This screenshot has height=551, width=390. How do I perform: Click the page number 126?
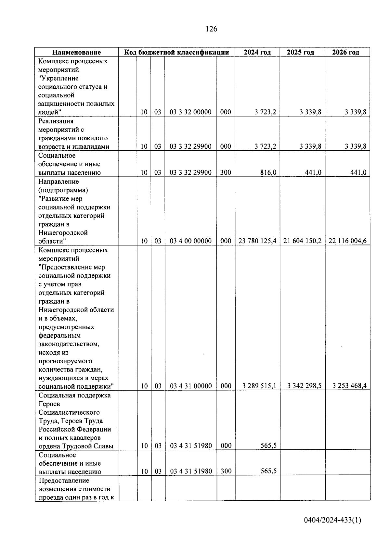(x=211, y=29)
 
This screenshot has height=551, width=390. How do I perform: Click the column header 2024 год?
(x=257, y=52)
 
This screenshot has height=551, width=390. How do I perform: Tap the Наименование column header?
(x=77, y=52)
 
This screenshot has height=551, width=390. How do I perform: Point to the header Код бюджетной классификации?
(x=177, y=52)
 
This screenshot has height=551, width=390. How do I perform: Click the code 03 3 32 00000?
(x=190, y=112)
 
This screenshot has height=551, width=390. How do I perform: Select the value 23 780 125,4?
(x=257, y=241)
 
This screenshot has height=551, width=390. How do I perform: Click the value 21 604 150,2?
(x=302, y=241)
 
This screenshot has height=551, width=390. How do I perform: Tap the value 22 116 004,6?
(x=347, y=241)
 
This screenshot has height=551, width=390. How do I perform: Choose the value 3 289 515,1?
(x=259, y=386)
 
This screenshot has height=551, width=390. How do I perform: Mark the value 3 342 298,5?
(x=304, y=386)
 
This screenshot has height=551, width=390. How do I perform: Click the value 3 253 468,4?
(x=349, y=386)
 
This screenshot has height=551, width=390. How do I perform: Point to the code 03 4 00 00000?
(x=190, y=241)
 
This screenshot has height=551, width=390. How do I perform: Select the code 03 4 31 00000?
(x=191, y=386)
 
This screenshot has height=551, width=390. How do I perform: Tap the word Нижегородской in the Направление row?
(x=63, y=233)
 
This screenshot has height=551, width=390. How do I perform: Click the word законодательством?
(x=69, y=344)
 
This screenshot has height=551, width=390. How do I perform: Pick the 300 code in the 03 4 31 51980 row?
(x=226, y=471)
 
